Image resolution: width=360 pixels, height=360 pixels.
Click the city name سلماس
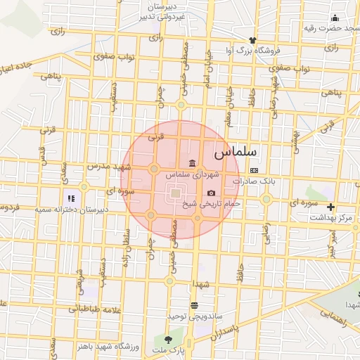235,150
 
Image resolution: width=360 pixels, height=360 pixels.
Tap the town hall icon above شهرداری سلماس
192,164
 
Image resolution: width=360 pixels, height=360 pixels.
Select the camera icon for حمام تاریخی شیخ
211,193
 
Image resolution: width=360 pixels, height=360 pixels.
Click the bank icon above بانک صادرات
254,170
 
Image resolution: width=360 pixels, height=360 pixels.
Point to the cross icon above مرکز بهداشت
330,207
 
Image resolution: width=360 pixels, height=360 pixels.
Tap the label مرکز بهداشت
334,218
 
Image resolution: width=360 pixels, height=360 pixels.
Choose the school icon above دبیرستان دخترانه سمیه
70,199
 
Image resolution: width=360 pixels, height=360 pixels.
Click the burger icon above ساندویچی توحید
194,305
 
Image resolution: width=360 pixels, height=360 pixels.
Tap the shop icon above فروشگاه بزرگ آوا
252,40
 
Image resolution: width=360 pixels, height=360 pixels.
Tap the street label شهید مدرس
109,167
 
